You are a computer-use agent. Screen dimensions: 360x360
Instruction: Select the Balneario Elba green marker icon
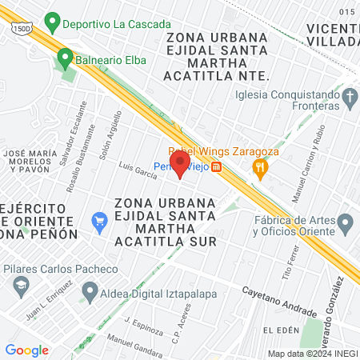pos(64,58)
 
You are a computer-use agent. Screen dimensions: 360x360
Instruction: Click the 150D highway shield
pos(22,27)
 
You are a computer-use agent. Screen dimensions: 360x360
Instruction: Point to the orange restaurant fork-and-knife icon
pos(259,167)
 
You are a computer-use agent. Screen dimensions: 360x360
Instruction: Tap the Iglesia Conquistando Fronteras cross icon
pos(349,98)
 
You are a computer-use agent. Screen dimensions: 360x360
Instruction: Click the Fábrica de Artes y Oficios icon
pos(345,222)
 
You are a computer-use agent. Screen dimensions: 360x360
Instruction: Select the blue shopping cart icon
pos(100,220)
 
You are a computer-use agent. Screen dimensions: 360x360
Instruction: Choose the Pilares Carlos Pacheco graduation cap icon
pos(20,285)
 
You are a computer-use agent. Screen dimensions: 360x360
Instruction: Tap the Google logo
pos(26,350)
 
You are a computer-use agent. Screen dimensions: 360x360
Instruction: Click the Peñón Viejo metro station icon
pos(217,168)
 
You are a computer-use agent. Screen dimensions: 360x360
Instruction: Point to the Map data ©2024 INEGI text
pos(312,354)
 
